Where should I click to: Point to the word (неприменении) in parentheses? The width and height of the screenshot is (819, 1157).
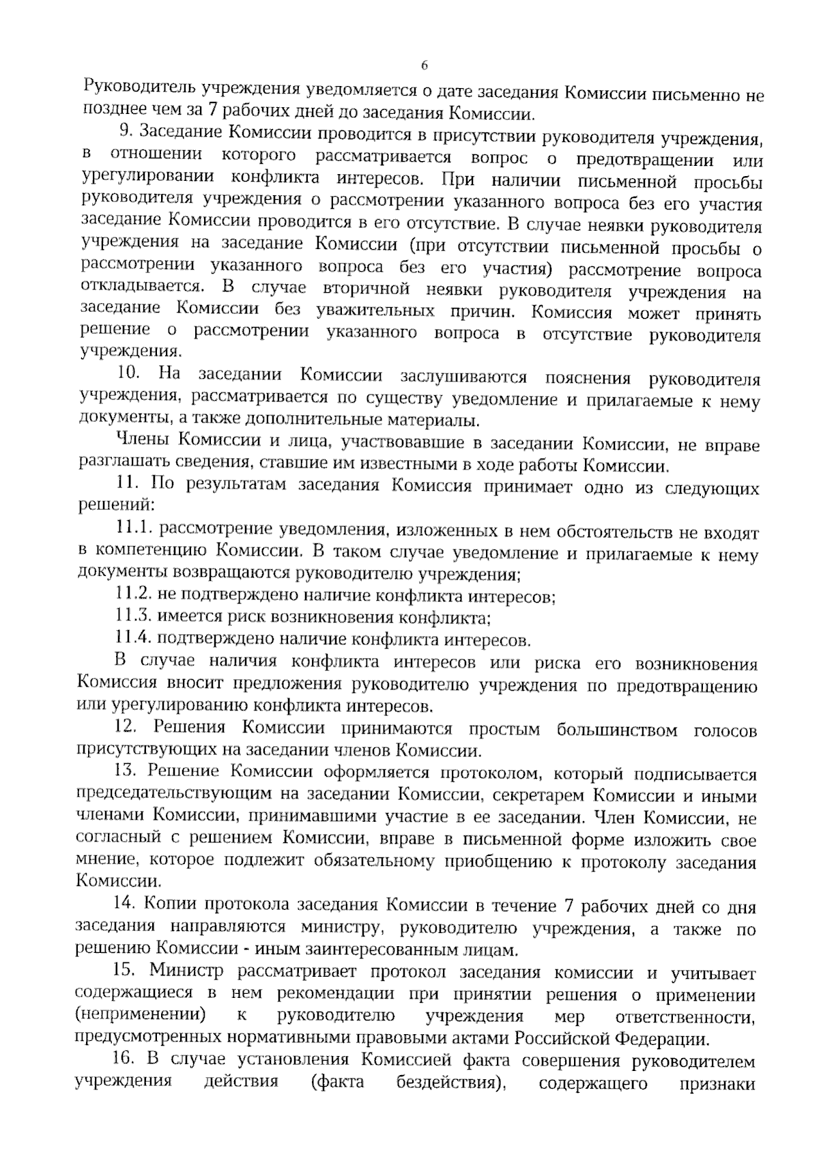click(x=140, y=1014)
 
